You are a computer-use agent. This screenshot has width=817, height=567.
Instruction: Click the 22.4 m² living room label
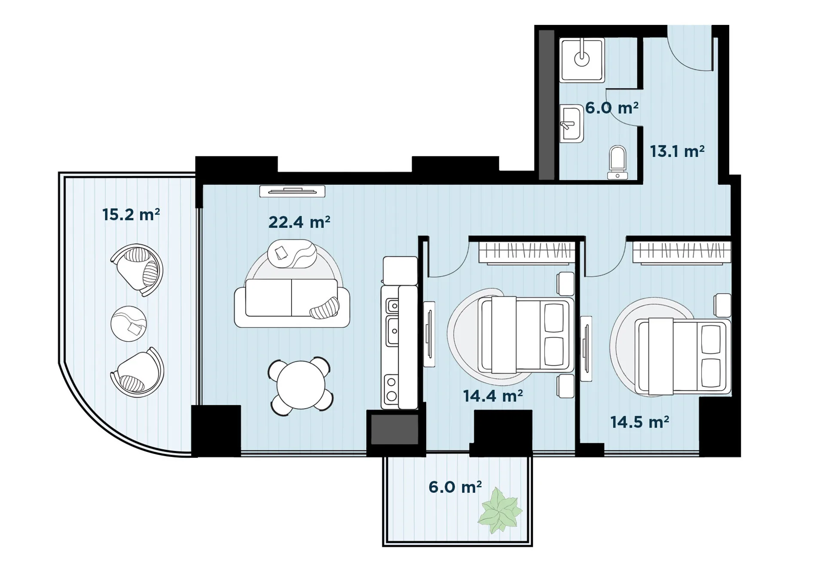click(x=299, y=222)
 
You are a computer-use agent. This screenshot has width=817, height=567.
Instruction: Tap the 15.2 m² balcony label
click(x=131, y=214)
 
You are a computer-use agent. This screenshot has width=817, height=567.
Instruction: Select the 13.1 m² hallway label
click(x=677, y=151)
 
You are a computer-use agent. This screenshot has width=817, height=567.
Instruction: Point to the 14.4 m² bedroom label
click(x=493, y=396)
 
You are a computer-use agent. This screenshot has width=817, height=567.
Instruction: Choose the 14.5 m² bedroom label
click(x=640, y=422)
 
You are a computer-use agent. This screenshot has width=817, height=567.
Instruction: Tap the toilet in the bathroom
click(x=617, y=162)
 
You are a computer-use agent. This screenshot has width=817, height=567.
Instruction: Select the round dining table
click(x=301, y=385)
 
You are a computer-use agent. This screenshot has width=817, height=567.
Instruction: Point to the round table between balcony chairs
click(x=129, y=324)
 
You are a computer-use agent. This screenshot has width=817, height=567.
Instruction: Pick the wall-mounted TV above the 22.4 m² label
click(x=292, y=191)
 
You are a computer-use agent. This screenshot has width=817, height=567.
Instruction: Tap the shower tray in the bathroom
click(x=582, y=60)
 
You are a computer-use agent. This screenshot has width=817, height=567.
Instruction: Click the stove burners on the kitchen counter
click(x=391, y=389)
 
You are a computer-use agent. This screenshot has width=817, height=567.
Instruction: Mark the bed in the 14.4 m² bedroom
click(x=526, y=335)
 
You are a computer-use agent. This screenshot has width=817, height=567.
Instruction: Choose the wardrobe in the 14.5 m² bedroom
click(x=682, y=252)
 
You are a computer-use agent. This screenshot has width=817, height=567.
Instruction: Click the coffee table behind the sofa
click(x=292, y=254)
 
